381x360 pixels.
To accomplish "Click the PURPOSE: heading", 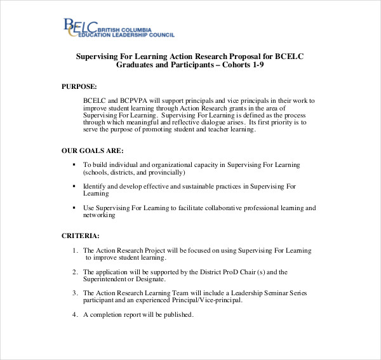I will [x=79, y=85].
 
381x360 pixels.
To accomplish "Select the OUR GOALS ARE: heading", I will [x=92, y=150].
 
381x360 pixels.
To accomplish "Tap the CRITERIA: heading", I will [x=80, y=236].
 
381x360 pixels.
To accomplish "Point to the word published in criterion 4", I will [x=177, y=314].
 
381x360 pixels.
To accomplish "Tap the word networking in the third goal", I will [x=99, y=215].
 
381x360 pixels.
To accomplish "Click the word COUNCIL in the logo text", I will [x=160, y=34].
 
